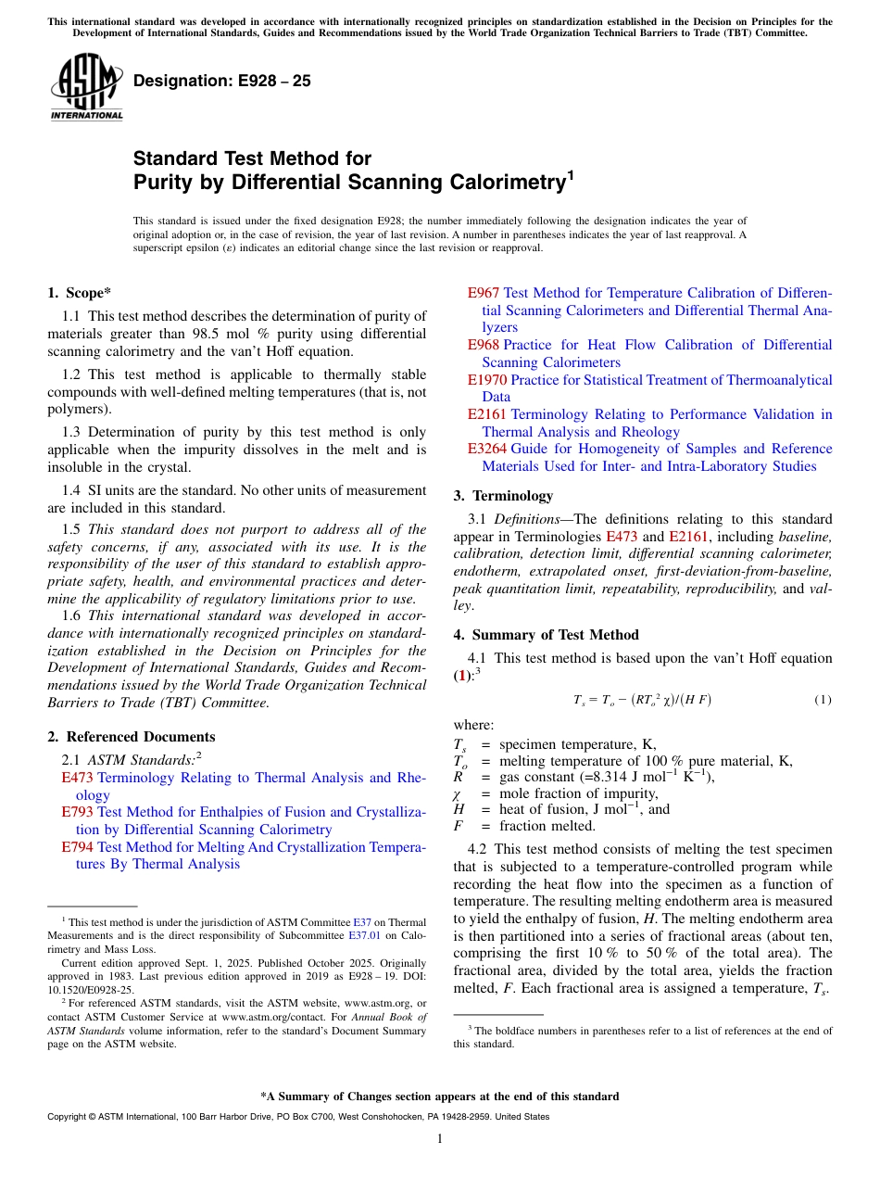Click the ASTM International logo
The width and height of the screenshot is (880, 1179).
click(86, 87)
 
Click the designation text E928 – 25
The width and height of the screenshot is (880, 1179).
click(221, 82)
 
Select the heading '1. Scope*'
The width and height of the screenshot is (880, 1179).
click(79, 293)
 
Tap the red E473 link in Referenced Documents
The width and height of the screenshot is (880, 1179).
click(77, 778)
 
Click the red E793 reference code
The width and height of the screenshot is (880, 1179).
click(77, 812)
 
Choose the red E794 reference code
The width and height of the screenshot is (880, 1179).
click(77, 847)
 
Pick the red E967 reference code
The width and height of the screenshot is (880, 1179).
click(483, 293)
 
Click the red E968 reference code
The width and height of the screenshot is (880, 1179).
click(483, 345)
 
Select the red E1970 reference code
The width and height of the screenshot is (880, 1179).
click(486, 380)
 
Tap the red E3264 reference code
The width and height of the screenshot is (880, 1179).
click(486, 449)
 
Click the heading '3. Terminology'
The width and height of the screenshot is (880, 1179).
click(503, 496)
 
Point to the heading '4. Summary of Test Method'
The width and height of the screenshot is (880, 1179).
click(546, 635)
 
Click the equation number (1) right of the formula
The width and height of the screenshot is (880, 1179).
click(823, 700)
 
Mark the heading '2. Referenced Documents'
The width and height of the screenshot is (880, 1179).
click(131, 737)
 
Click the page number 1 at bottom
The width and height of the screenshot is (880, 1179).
click(440, 1138)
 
